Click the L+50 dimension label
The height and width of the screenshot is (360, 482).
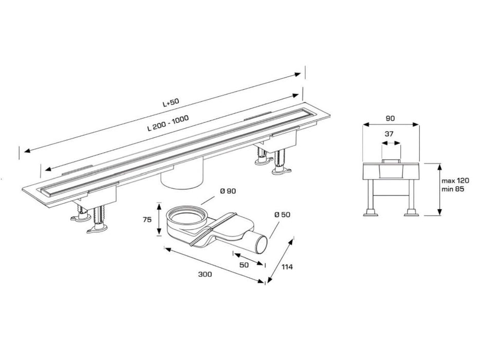[171, 102]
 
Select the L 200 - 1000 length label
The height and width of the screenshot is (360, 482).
[168, 123]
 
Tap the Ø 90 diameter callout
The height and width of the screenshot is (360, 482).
[228, 191]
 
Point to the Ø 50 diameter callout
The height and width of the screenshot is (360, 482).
[282, 214]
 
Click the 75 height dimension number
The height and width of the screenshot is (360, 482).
[147, 220]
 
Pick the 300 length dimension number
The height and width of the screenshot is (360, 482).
[205, 274]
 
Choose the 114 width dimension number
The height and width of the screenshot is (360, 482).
[287, 266]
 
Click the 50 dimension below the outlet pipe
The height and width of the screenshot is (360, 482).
[244, 265]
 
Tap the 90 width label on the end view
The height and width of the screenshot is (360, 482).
[390, 118]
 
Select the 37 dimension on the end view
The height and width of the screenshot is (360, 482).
[389, 134]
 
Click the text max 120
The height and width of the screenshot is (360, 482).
[455, 181]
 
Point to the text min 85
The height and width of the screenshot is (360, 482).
[453, 189]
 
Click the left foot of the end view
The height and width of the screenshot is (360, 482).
[370, 212]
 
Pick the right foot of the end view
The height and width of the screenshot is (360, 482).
[412, 212]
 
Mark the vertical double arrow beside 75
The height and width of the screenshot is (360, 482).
[159, 219]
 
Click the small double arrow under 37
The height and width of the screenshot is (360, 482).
[391, 143]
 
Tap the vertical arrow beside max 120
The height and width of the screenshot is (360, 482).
[440, 190]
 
